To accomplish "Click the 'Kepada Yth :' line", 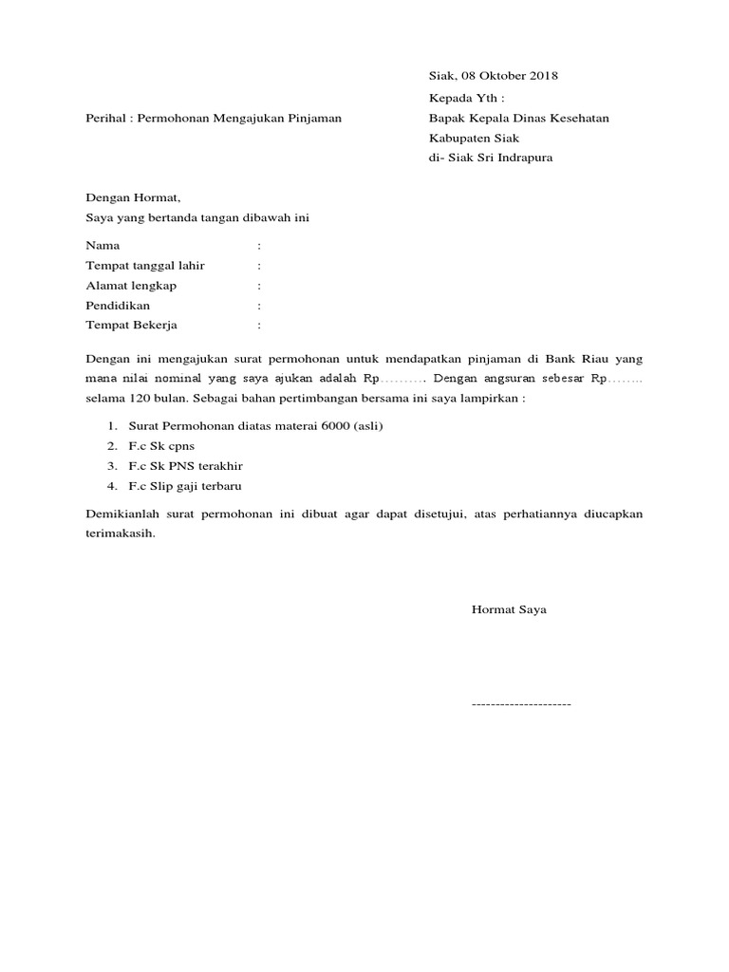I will tap(467, 98).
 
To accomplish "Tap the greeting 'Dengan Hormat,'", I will tap(133, 198).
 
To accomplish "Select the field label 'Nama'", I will tap(103, 245).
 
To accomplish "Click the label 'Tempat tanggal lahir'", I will tap(145, 266).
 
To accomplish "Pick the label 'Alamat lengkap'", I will tap(131, 286).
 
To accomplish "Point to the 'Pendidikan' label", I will tap(118, 306).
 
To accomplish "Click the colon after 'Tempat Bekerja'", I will tap(259, 326).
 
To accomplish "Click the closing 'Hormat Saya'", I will tap(509, 610).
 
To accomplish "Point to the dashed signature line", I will tap(521, 705).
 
